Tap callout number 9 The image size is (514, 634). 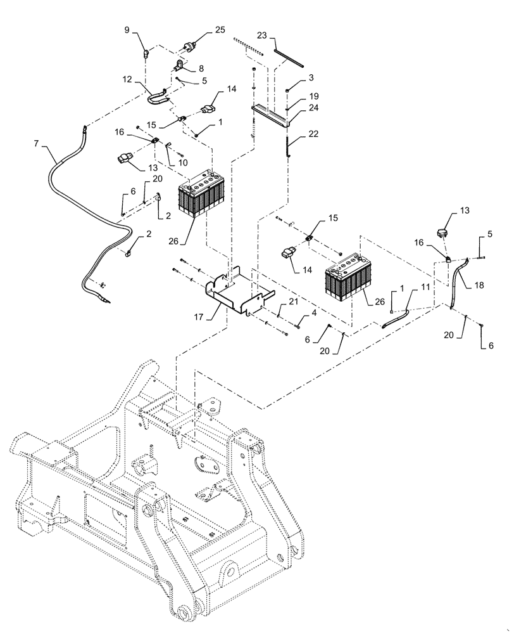tap(127, 30)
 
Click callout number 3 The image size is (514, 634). tap(311, 77)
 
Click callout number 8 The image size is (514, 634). tap(201, 68)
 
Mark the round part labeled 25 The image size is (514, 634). tap(189, 45)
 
